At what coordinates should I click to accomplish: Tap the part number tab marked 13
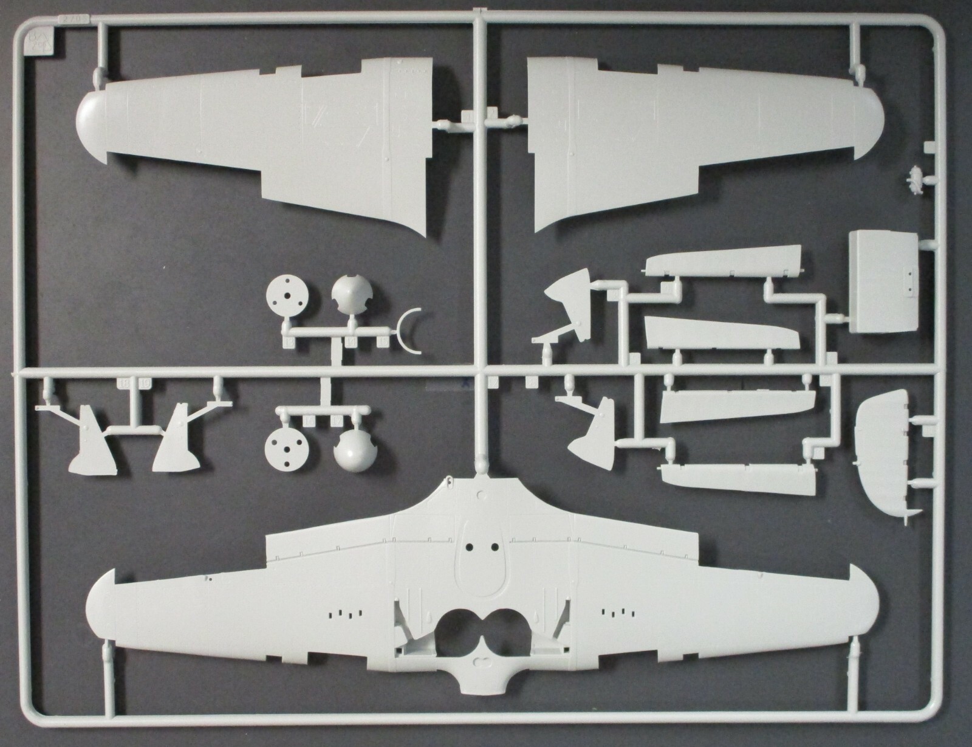coord(287,344)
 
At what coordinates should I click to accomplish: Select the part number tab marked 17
coord(334,421)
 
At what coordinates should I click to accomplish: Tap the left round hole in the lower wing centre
coord(470,547)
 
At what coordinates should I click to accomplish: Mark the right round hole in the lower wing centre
coord(496,547)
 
